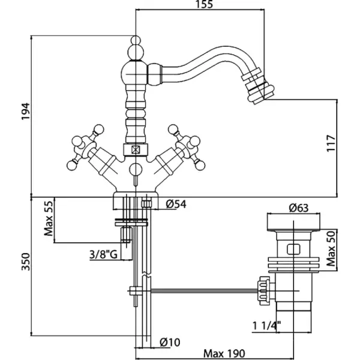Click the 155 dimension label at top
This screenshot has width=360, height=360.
pyautogui.click(x=205, y=4)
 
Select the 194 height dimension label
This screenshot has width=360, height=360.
pyautogui.click(x=26, y=111)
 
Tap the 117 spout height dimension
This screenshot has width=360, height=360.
pyautogui.click(x=331, y=143)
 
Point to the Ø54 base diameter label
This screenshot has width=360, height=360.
pyautogui.click(x=176, y=204)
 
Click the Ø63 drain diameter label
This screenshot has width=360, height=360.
pyautogui.click(x=299, y=208)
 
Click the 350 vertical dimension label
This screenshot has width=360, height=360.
pyautogui.click(x=26, y=262)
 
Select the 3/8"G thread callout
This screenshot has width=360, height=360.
pyautogui.click(x=103, y=254)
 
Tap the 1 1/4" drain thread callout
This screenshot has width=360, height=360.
pyautogui.click(x=267, y=325)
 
